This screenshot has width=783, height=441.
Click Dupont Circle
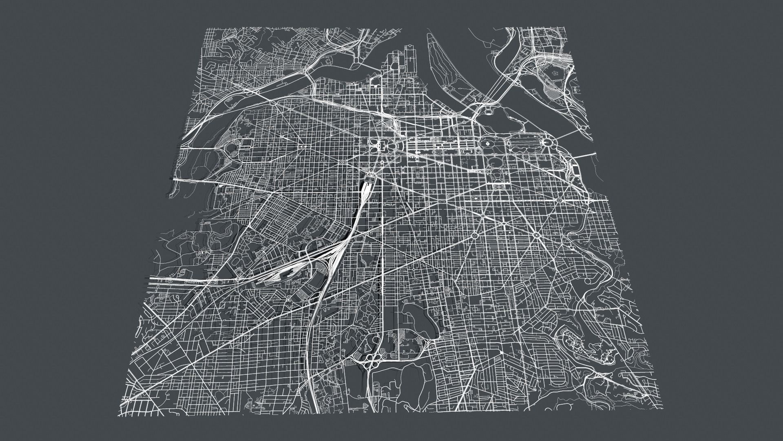pos(537,235)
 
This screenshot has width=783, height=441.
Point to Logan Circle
pos(475,236)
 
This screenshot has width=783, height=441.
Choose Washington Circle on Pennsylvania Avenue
pos(563,200)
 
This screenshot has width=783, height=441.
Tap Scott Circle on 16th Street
pos(504,223)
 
